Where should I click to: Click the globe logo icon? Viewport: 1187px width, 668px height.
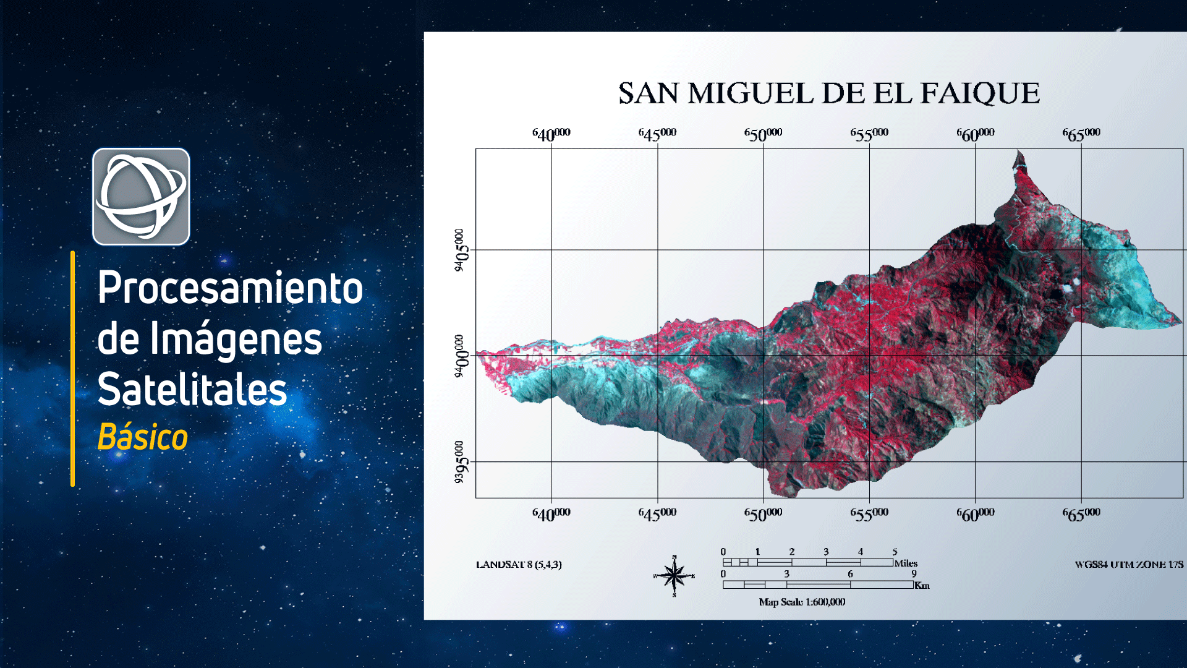[141, 197]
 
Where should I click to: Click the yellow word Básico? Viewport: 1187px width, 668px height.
[143, 437]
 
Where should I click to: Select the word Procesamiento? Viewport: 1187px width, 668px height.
[230, 288]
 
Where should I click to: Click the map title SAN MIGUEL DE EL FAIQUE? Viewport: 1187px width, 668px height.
[829, 93]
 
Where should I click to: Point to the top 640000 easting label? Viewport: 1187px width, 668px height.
[551, 134]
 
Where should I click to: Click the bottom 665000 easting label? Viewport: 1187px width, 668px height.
[1081, 514]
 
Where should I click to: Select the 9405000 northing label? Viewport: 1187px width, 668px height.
[461, 250]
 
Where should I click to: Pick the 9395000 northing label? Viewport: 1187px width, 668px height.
[461, 462]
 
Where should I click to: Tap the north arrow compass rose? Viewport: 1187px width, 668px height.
[674, 576]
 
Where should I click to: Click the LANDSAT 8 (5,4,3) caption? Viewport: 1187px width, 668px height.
[519, 564]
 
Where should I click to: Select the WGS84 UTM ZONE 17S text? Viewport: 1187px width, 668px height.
[1129, 564]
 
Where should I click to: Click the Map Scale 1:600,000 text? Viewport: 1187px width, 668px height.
[802, 602]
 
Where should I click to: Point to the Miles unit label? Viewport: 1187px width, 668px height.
[906, 563]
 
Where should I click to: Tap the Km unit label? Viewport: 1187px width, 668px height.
[922, 585]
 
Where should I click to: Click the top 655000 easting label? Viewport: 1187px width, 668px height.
[869, 134]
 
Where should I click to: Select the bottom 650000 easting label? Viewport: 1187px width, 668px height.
[763, 514]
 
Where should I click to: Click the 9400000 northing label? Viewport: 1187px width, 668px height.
[461, 356]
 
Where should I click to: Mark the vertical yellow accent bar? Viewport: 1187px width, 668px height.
[72, 369]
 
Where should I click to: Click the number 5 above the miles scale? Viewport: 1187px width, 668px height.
[895, 552]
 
